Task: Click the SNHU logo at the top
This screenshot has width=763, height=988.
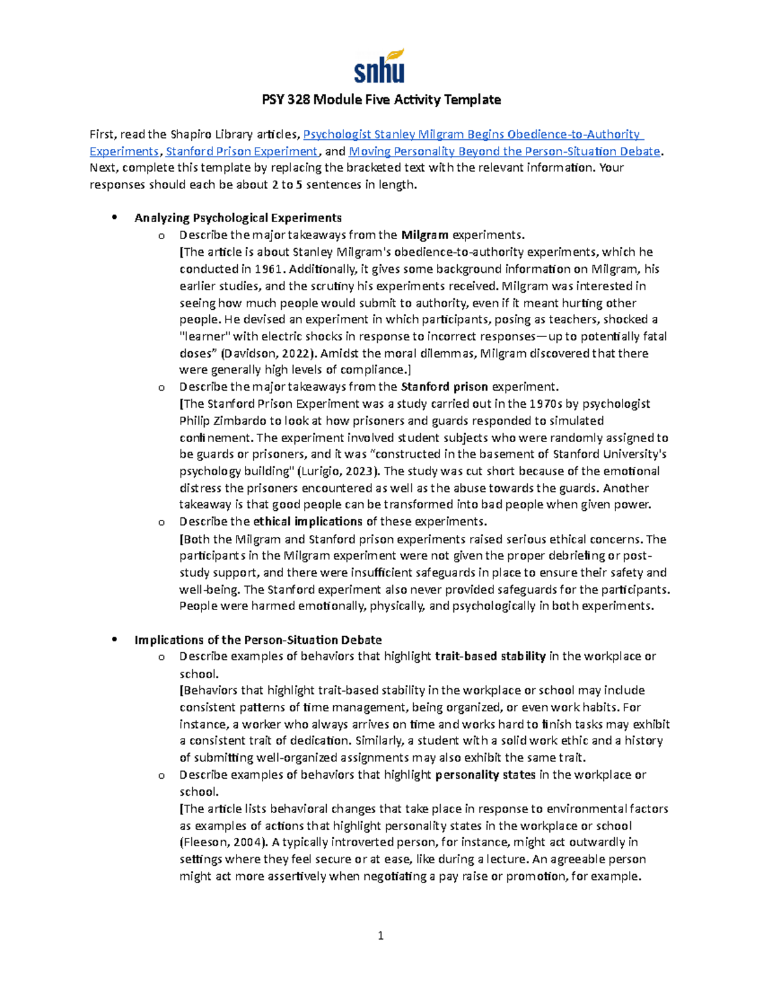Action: coord(380,67)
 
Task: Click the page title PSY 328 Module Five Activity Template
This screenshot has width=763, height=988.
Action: coord(381,100)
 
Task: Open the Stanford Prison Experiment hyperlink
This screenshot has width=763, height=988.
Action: coord(242,151)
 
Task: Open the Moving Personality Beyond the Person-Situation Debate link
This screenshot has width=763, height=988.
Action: coord(505,151)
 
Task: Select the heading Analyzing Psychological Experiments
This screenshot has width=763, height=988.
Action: coord(238,218)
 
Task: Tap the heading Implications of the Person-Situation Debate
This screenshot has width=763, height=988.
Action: coord(258,640)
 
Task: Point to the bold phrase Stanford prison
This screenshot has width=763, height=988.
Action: coord(444,387)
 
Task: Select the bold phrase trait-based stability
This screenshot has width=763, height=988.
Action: coord(490,657)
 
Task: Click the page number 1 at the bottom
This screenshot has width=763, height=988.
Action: coord(380,935)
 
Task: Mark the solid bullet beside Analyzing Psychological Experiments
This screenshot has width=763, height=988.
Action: coord(114,218)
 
